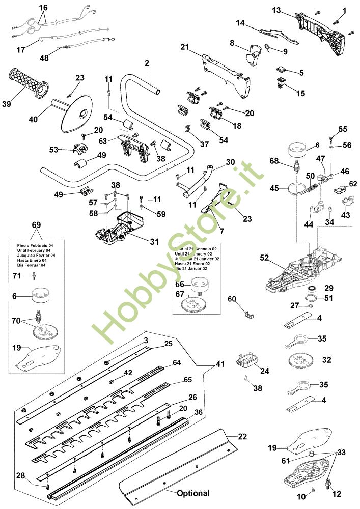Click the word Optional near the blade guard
click(193, 493)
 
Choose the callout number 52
click(264, 258)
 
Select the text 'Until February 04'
click(30, 250)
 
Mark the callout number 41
click(219, 364)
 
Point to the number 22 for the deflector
click(242, 436)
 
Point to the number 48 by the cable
click(44, 58)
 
